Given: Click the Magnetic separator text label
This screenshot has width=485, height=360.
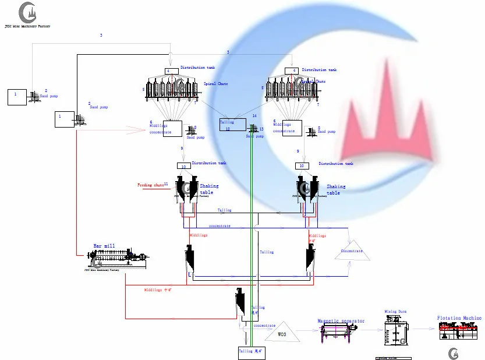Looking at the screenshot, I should [341, 321].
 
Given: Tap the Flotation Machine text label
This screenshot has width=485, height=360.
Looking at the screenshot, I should [459, 318].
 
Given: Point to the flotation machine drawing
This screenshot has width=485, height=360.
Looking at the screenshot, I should [461, 333].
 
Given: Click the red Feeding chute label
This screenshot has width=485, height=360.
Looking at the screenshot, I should [150, 185].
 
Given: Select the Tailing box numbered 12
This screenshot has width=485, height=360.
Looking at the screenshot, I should [227, 125].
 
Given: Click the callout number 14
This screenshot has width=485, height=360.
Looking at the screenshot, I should [254, 116].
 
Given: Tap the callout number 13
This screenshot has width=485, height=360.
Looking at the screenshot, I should [261, 129].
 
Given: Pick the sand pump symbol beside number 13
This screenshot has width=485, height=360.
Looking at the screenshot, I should [253, 129].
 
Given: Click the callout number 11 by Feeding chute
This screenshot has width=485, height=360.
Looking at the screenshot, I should [166, 184].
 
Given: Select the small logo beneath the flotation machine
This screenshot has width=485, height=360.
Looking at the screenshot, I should [453, 353].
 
